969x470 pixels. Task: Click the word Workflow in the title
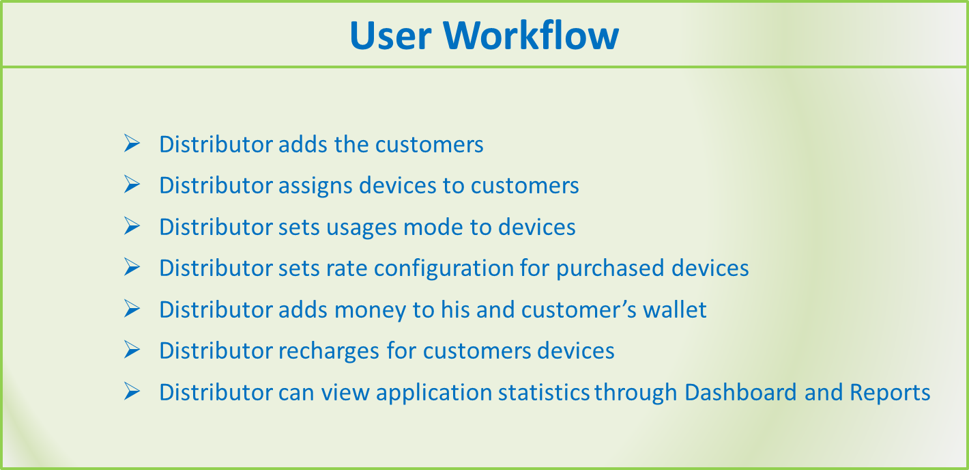point(530,35)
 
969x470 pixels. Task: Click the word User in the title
point(390,36)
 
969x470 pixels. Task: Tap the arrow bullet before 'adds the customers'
point(132,143)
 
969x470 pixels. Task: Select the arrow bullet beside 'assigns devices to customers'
point(132,184)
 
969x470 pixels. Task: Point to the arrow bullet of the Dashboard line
point(132,391)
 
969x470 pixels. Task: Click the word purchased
point(610,268)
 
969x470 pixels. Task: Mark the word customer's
point(579,309)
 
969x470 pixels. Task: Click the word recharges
point(329,351)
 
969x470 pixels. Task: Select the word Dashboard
point(740,392)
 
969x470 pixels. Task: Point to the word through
point(635,393)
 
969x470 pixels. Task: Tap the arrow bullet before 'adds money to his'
point(132,308)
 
